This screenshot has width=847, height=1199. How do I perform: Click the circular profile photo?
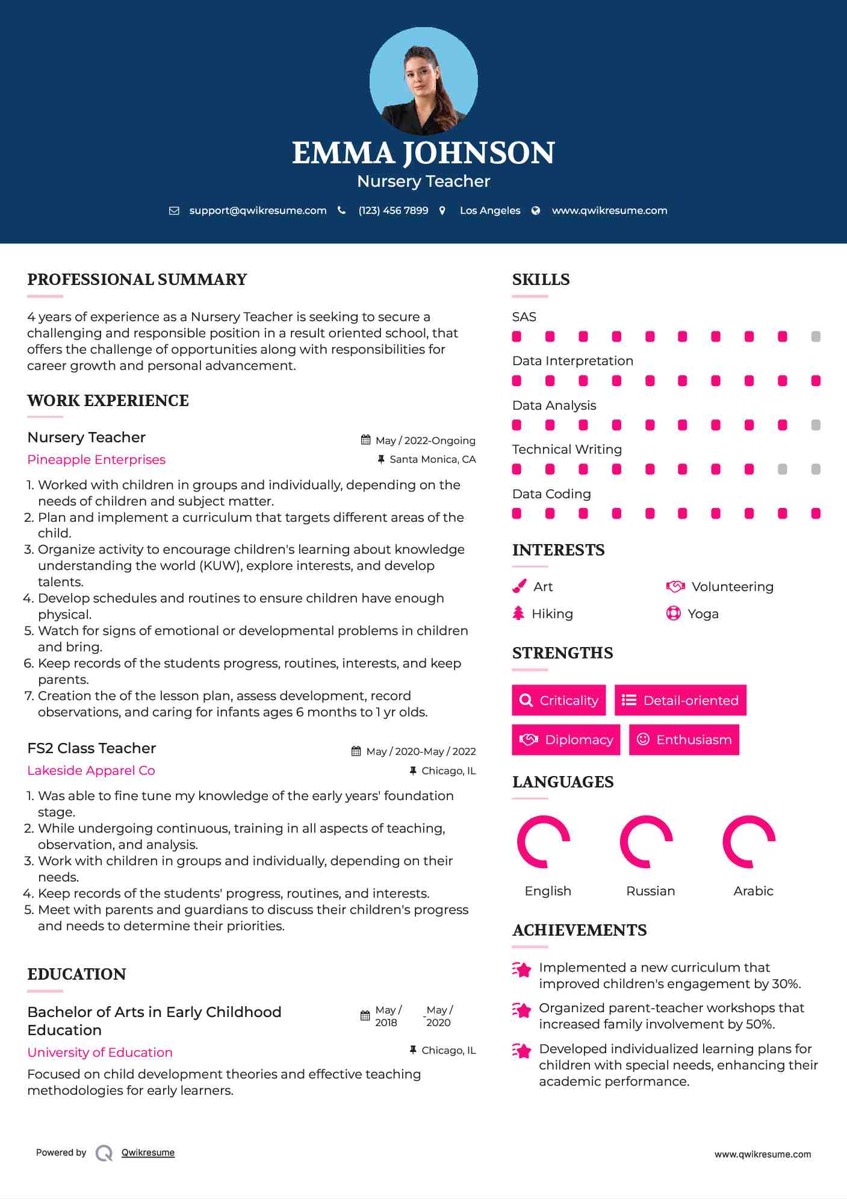click(x=423, y=81)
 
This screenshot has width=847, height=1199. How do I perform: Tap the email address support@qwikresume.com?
click(x=258, y=210)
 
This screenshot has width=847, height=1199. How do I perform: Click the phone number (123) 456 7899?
click(x=393, y=210)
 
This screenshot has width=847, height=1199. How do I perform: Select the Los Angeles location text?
click(x=490, y=210)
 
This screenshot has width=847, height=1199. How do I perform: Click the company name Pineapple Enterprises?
click(x=96, y=460)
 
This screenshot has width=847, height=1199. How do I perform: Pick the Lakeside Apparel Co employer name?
click(x=91, y=771)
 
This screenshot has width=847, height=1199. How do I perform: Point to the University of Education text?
click(x=100, y=1053)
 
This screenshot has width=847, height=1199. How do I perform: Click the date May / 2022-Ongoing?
click(x=425, y=440)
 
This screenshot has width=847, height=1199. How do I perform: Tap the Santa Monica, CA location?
click(x=432, y=459)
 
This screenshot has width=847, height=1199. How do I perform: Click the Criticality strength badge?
click(x=559, y=700)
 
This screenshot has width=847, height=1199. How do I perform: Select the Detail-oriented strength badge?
click(x=680, y=700)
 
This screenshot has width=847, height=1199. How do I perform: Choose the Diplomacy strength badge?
click(x=566, y=739)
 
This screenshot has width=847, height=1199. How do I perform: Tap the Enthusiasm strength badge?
click(x=684, y=739)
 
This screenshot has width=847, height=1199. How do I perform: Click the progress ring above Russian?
click(x=646, y=842)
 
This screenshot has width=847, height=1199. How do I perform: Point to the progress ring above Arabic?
click(x=749, y=842)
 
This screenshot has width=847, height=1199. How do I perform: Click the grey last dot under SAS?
click(x=816, y=337)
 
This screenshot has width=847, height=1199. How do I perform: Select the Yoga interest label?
click(x=703, y=614)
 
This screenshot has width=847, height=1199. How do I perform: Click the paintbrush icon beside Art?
click(x=519, y=586)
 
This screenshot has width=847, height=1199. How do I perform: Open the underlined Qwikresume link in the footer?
click(x=148, y=1153)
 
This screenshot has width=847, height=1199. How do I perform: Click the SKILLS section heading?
click(x=541, y=280)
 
